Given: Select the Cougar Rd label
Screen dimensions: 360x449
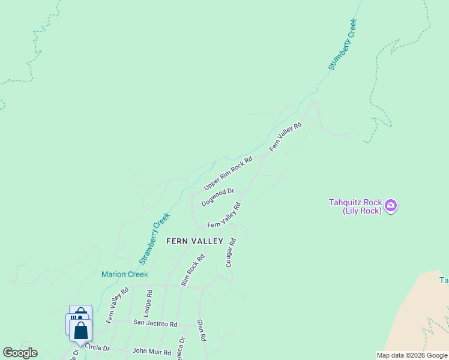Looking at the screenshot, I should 232,253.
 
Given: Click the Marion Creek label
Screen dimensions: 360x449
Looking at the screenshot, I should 124,274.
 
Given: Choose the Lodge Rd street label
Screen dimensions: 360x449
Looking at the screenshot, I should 148,302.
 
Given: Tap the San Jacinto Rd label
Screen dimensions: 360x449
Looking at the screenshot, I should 155,323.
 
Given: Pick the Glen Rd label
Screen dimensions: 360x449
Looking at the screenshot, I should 201,330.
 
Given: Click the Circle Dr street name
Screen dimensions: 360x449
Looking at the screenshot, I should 97,347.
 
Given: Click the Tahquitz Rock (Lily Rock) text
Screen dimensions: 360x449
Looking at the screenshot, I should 355,206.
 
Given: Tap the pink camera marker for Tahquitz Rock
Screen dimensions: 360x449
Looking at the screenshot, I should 391,206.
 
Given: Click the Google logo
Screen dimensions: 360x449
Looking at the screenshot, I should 20,353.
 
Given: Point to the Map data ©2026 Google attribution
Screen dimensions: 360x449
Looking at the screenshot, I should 411,355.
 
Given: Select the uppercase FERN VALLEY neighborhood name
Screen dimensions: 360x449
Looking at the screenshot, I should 194,241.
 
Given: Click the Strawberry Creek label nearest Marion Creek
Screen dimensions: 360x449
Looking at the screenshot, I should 155,238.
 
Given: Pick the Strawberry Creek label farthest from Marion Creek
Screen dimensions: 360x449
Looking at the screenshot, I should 342,45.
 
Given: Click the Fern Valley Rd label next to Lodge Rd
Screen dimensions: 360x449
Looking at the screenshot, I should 118,305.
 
